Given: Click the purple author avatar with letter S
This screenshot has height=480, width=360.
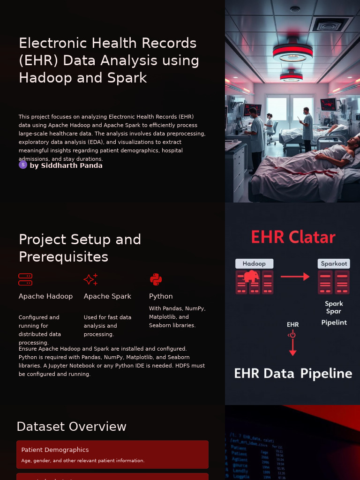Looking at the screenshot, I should (23, 165).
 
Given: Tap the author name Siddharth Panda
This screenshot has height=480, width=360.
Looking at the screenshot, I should (66, 165).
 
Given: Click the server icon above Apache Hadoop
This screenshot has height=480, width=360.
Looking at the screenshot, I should (25, 280).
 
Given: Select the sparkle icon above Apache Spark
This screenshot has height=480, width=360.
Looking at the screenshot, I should (90, 280).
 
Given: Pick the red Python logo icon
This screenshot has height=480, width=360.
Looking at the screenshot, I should (156, 280).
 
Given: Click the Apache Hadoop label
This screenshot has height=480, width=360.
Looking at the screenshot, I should (45, 296).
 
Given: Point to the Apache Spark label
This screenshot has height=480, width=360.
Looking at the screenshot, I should (107, 296).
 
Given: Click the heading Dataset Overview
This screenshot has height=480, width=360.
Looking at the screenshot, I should (71, 427).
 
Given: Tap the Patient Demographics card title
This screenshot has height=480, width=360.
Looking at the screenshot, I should (55, 450).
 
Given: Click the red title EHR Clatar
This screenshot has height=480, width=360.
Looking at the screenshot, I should (293, 237).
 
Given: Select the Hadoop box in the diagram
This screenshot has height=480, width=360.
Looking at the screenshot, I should (254, 264).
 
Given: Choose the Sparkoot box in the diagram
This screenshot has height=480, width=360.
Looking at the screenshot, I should (334, 264).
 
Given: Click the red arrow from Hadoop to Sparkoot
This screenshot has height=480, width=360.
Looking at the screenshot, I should (295, 277).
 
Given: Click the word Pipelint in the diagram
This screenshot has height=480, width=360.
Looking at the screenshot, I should (334, 322).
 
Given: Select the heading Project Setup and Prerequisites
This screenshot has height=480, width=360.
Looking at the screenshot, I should (80, 248).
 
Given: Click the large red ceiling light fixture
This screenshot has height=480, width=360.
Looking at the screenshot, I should (292, 52).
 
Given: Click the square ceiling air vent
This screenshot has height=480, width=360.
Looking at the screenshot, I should (332, 24).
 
